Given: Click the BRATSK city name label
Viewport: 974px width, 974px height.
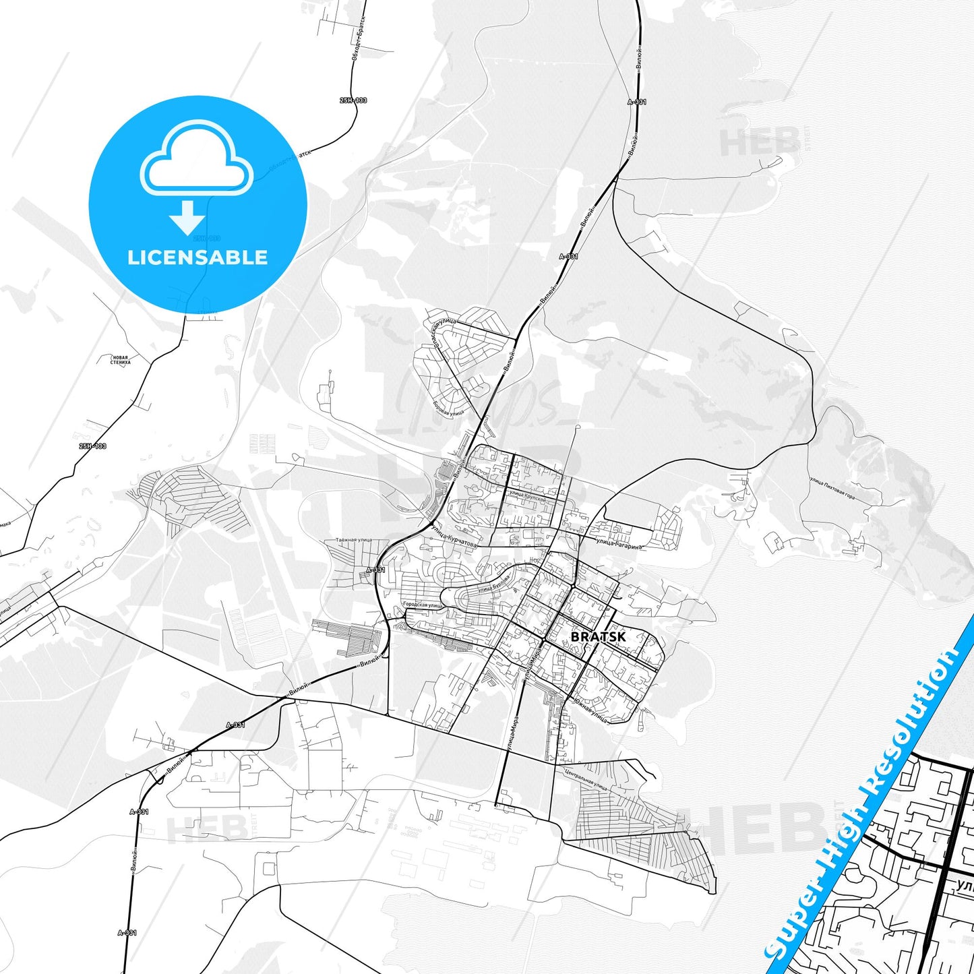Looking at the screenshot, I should (x=598, y=636).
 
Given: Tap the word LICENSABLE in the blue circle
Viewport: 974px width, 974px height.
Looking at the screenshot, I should (x=197, y=257).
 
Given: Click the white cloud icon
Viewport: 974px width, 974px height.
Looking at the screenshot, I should (x=196, y=159).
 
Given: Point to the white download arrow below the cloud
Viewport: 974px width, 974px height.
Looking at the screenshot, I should (x=187, y=218).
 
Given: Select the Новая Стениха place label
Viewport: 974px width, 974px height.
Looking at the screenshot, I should (x=121, y=360).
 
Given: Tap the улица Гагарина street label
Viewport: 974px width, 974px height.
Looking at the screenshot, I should (x=616, y=543).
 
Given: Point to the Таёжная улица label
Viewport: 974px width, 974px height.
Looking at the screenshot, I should (x=354, y=541).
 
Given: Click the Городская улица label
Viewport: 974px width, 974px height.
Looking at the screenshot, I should (x=422, y=605).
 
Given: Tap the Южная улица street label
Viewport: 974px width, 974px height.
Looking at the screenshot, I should (x=591, y=712).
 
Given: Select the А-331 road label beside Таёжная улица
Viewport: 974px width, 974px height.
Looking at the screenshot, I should (x=375, y=570).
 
